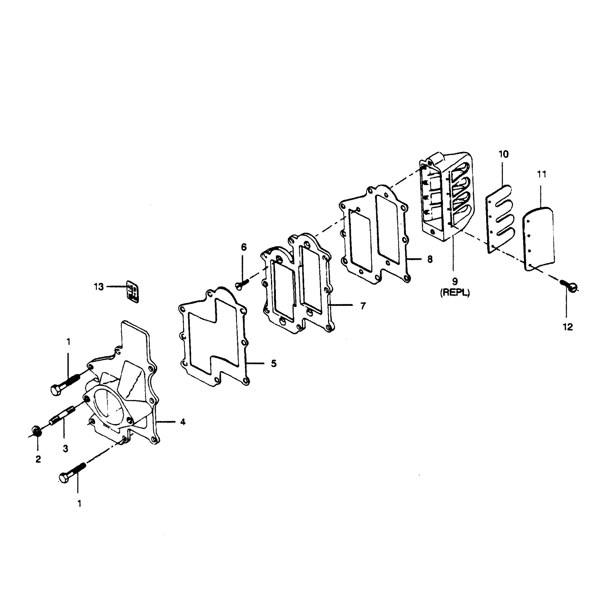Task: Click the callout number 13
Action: [99, 287]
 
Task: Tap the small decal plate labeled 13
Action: [132, 291]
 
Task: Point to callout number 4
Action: [183, 422]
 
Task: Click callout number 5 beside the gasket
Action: [274, 363]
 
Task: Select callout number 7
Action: [363, 306]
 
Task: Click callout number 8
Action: [430, 259]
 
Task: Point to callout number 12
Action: [568, 327]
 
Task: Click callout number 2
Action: [38, 459]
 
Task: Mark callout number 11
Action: [541, 174]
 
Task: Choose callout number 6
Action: [243, 247]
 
